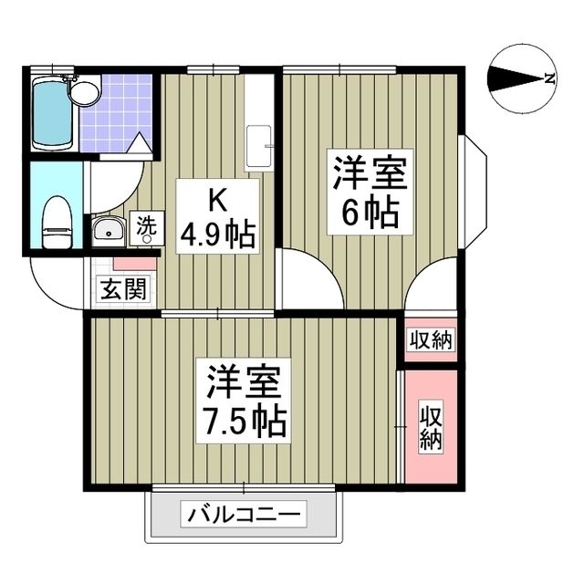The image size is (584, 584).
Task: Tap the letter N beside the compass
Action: coord(549,78)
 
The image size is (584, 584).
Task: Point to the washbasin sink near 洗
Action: coord(108,231)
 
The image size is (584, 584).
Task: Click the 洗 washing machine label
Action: coord(145,228)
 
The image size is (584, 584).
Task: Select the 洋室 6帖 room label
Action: coord(369,192)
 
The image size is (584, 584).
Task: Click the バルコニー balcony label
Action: coord(244,516)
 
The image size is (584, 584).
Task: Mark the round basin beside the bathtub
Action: coord(87,90)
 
